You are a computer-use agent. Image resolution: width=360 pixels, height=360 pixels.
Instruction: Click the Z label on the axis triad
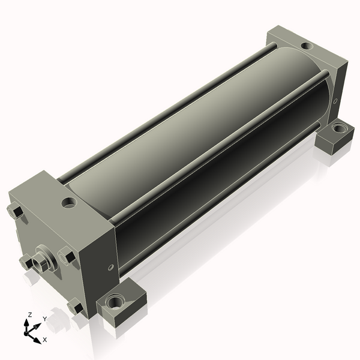[x=29, y=315]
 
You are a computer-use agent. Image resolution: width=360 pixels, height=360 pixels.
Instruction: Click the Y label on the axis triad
[x=45, y=319]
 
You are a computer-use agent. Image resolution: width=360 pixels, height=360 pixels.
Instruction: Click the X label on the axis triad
[x=45, y=340]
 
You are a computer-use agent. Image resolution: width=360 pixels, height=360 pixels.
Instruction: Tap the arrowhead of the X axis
[x=37, y=340]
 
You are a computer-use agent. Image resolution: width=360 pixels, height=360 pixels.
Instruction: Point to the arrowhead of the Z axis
[x=26, y=323]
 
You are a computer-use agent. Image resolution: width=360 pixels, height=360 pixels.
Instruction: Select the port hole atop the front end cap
[x=69, y=202]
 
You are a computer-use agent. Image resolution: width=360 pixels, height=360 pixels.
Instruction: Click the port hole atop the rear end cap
[x=307, y=46]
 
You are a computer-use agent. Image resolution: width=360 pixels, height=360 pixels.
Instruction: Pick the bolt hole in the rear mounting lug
[x=339, y=128]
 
